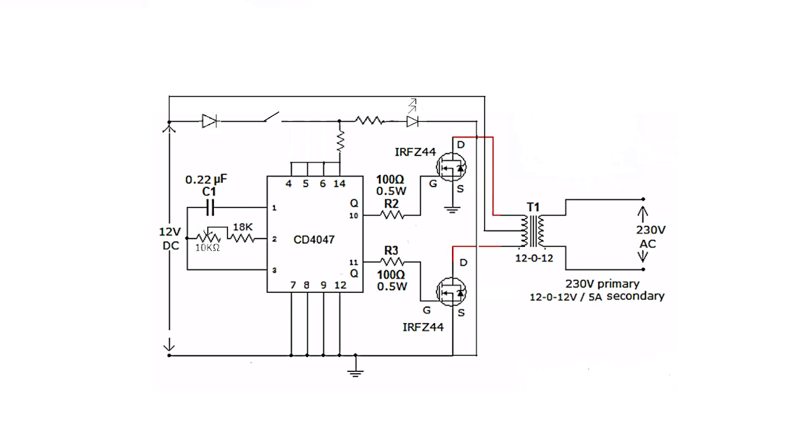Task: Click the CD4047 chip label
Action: tap(313, 239)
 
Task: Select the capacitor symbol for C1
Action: tap(209, 207)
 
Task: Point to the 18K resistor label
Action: tap(242, 227)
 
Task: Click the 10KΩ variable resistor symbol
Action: tap(208, 237)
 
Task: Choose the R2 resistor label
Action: tap(391, 202)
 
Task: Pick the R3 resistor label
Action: tap(391, 251)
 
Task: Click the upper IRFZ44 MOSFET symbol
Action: tap(450, 166)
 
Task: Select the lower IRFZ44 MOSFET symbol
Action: tap(450, 291)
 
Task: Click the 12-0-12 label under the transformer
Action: tap(534, 258)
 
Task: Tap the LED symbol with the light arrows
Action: tap(412, 120)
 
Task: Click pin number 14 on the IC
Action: tap(340, 183)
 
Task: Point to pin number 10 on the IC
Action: tap(353, 216)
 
